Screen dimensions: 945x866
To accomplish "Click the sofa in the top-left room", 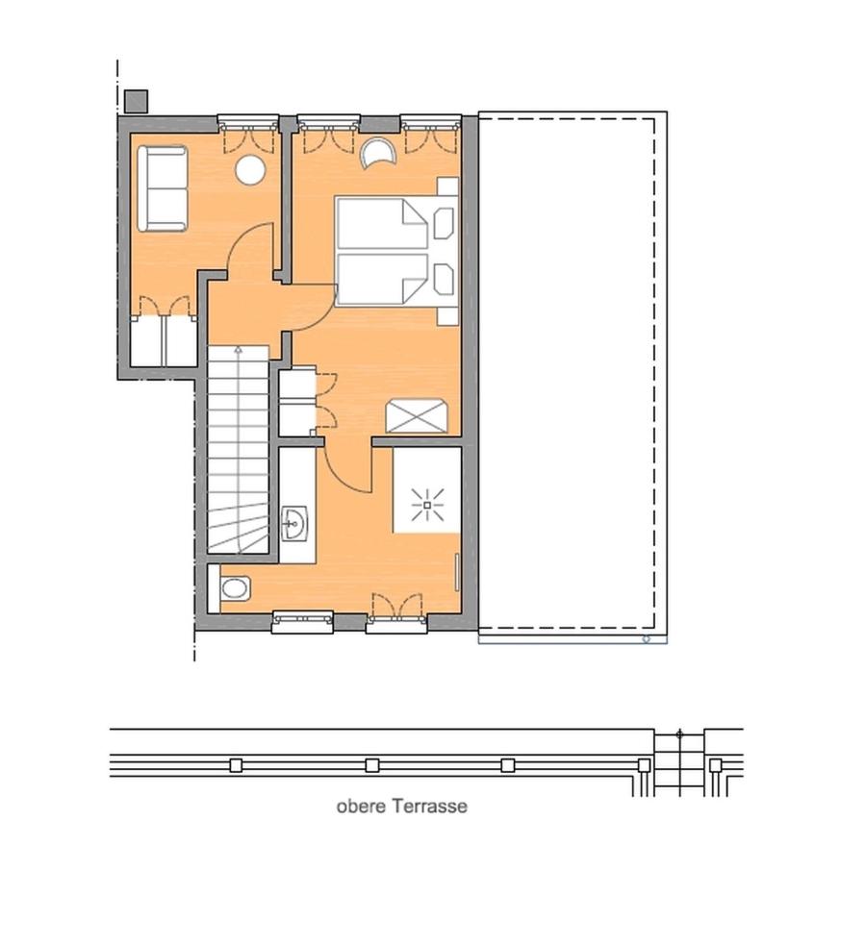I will (162, 188).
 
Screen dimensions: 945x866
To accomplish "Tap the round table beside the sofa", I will (250, 170).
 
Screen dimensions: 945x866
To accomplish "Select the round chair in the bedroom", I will (378, 155).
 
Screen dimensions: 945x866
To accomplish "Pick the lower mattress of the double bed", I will (382, 279).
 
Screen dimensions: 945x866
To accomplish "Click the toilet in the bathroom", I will (235, 586).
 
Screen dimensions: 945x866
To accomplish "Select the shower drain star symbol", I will (425, 504).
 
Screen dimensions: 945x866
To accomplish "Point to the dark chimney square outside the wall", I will (136, 101).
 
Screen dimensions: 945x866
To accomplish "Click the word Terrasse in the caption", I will (429, 806).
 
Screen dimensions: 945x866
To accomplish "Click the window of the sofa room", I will (247, 121).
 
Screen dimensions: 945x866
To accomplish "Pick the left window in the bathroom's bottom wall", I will (302, 621).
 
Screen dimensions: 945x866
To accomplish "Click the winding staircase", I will (237, 452).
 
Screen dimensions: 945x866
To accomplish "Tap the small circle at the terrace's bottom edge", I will (647, 638).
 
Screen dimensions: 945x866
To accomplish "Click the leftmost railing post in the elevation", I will (236, 765).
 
